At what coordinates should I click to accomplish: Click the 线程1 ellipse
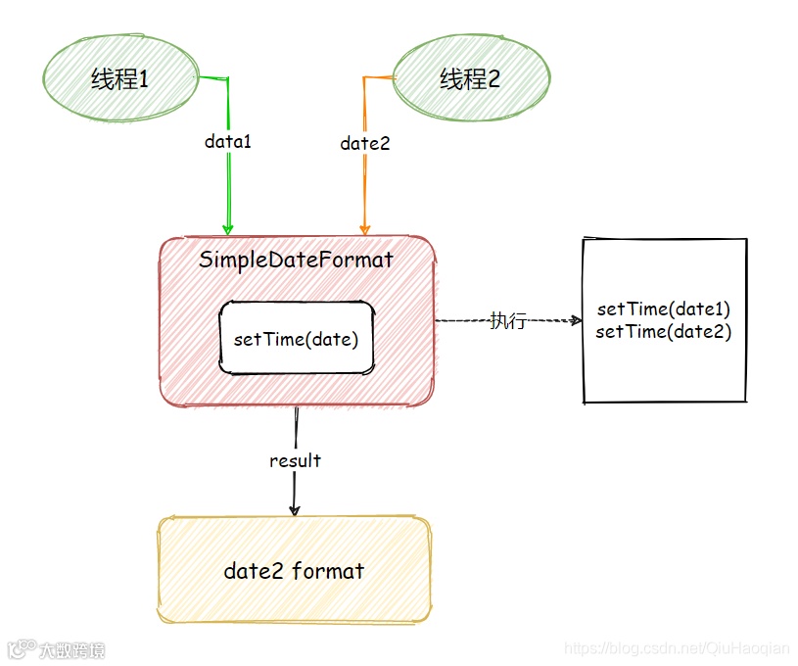point(119,78)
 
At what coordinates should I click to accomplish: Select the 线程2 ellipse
point(470,79)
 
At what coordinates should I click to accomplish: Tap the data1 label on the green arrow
point(227,141)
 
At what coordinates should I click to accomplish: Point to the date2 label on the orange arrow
point(364,143)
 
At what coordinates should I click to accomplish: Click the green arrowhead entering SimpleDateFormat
point(228,228)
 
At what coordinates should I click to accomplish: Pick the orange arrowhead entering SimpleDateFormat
point(364,228)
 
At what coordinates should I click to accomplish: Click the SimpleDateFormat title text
point(296,260)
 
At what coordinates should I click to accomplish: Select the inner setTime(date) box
point(296,339)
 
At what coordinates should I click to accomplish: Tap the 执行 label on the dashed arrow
point(508,320)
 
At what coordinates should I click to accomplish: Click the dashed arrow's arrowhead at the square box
point(576,319)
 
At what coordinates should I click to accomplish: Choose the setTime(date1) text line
point(664,309)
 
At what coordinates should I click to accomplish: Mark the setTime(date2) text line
point(664,331)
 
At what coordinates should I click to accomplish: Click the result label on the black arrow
point(295,460)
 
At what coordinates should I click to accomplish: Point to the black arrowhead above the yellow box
point(294,508)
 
